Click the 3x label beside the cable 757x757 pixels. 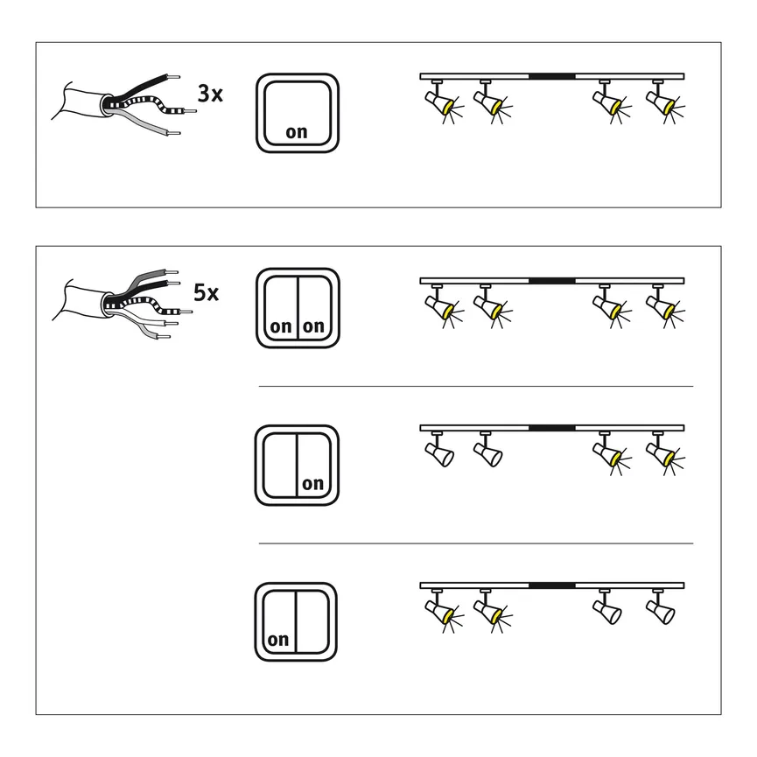tap(210, 94)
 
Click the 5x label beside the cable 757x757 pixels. tap(206, 292)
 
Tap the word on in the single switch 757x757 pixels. tap(297, 133)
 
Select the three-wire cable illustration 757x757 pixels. tap(118, 107)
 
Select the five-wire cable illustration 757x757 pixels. tap(118, 303)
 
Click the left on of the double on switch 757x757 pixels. tap(281, 326)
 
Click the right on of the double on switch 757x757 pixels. tap(312, 326)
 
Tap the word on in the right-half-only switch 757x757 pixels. tap(312, 484)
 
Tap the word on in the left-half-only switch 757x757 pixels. tap(278, 640)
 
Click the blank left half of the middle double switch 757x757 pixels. tap(279, 464)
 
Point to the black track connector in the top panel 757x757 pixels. tap(551, 76)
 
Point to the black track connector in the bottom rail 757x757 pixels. tap(551, 585)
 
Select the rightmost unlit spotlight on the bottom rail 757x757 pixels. tap(661, 609)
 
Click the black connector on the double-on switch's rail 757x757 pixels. tap(551, 281)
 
